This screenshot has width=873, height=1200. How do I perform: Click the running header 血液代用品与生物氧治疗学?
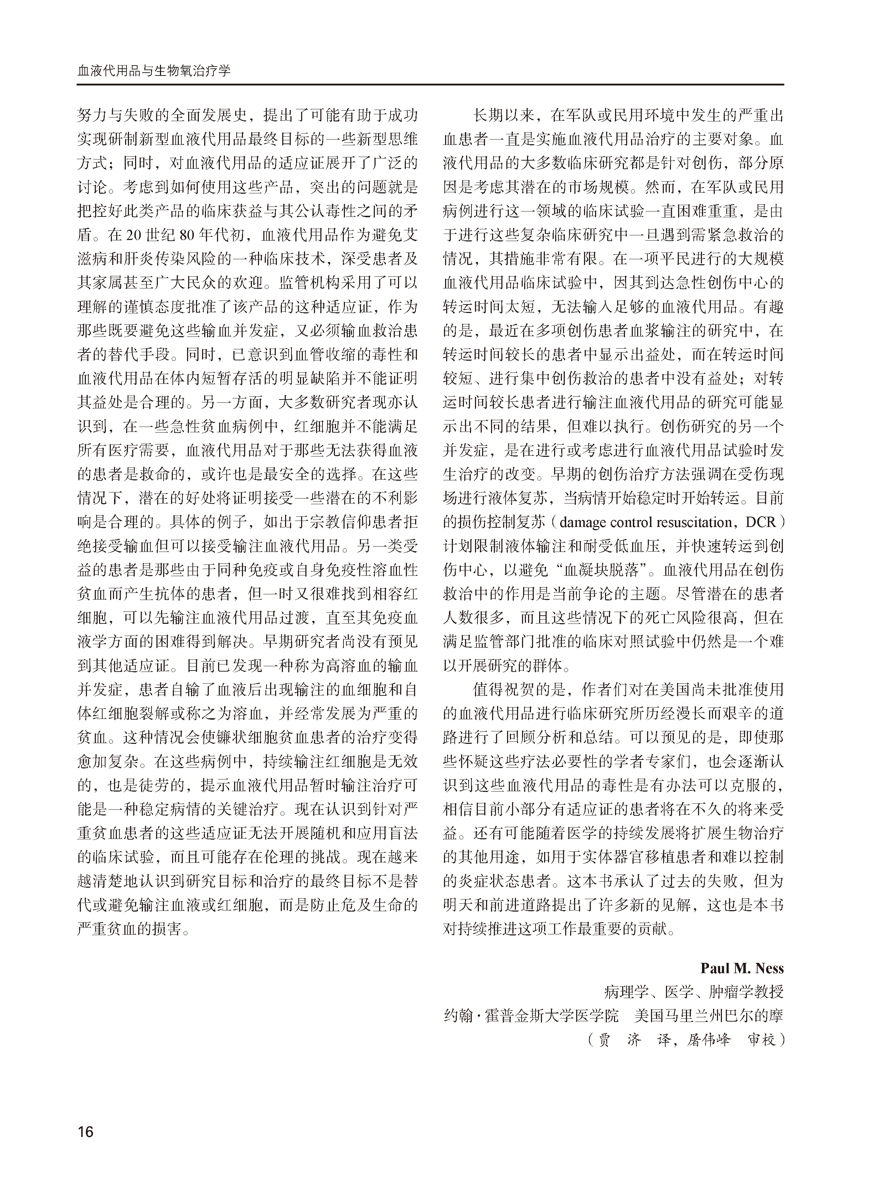coord(154,71)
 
